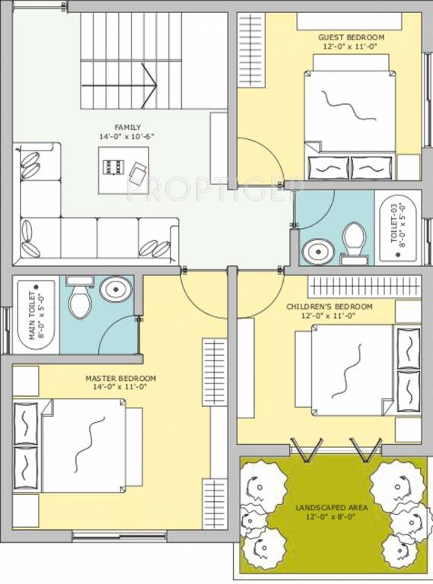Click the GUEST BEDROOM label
click(x=351, y=36)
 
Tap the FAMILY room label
click(x=128, y=127)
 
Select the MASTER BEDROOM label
click(x=120, y=378)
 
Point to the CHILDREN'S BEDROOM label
click(x=330, y=306)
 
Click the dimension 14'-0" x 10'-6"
click(x=128, y=136)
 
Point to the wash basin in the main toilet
click(x=115, y=289)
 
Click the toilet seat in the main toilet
click(x=80, y=300)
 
